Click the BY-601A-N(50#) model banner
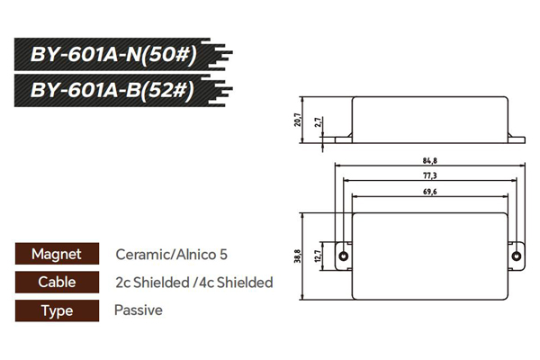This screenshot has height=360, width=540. coord(114,53)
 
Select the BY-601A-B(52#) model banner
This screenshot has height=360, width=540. coord(114,92)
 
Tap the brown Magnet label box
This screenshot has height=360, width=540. coord(56,255)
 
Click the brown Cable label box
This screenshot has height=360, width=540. coord(56,283)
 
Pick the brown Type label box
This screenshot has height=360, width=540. coord(56,310)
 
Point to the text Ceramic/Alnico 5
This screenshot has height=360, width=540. coord(166,255)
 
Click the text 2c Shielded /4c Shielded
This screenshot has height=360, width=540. coord(193,283)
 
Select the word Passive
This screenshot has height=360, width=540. coord(139,310)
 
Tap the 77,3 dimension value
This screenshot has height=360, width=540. coord(428,175)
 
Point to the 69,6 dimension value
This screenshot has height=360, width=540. coord(428,192)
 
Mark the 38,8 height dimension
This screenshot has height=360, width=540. coord(299,256)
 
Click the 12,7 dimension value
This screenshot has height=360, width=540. coord(318,256)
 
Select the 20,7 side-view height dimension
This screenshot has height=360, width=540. coord(299,120)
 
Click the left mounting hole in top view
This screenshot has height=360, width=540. coord(343,256)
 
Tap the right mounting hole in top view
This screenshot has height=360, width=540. coord(516,256)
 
